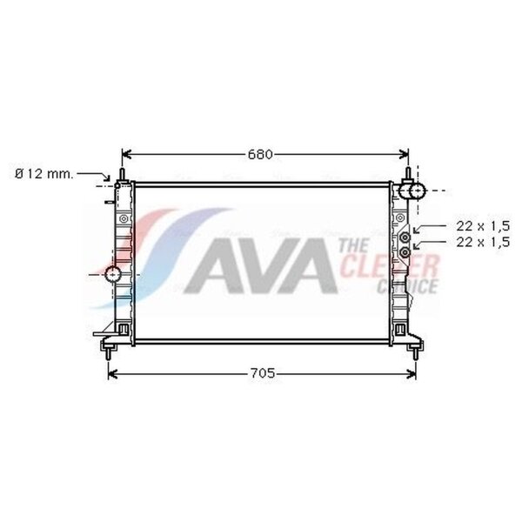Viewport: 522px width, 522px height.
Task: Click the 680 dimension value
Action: pyautogui.click(x=260, y=155)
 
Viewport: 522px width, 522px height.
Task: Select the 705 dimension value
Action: pyautogui.click(x=263, y=373)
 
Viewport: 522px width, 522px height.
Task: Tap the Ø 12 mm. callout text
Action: pyautogui.click(x=44, y=174)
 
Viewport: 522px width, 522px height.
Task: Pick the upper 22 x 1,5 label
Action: pyautogui.click(x=483, y=226)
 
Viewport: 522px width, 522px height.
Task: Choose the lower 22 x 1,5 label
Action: pyautogui.click(x=483, y=243)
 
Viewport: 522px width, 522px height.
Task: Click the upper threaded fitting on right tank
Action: pyautogui.click(x=405, y=238)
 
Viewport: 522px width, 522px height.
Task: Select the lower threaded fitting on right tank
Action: pyautogui.click(x=405, y=252)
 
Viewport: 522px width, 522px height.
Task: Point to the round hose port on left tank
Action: pyautogui.click(x=112, y=274)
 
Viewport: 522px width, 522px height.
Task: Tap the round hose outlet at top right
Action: pyautogui.click(x=417, y=191)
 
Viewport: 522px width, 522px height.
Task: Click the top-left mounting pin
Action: pyautogui.click(x=122, y=175)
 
